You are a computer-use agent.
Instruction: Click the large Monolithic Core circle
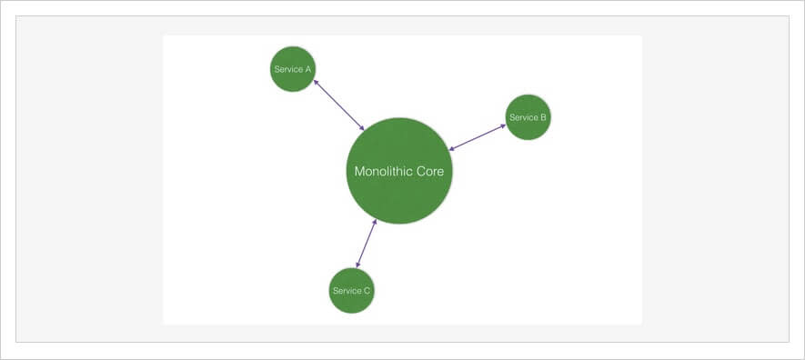pyautogui.click(x=398, y=195)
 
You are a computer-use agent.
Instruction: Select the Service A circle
pyautogui.click(x=293, y=69)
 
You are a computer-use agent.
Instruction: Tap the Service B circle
pyautogui.click(x=528, y=117)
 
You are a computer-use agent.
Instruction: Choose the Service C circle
pyautogui.click(x=351, y=291)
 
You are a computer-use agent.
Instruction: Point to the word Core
pyautogui.click(x=429, y=171)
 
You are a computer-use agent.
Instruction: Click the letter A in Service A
pyautogui.click(x=308, y=69)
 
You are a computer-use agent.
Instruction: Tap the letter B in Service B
pyautogui.click(x=543, y=117)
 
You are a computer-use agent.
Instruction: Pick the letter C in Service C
pyautogui.click(x=367, y=291)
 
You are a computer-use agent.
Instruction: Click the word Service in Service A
pyautogui.click(x=287, y=69)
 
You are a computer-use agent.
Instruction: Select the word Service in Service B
pyautogui.click(x=522, y=117)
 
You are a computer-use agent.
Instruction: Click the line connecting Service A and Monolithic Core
pyautogui.click(x=338, y=105)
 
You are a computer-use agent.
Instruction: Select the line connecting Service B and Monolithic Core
pyautogui.click(x=478, y=137)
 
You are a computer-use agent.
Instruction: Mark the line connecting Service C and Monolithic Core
pyautogui.click(x=366, y=244)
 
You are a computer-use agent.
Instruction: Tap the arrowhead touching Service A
pyautogui.click(x=316, y=82)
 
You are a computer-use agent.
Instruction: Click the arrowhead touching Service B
pyautogui.click(x=503, y=125)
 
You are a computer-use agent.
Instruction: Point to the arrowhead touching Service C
pyautogui.click(x=358, y=265)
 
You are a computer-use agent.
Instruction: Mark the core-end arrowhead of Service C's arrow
pyautogui.click(x=374, y=223)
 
